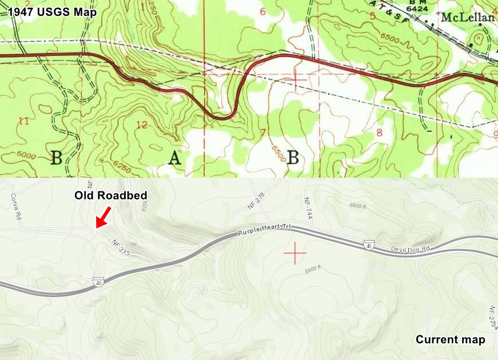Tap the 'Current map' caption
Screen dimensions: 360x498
click(451, 340)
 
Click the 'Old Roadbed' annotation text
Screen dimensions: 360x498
click(111, 195)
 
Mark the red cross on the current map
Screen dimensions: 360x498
click(295, 252)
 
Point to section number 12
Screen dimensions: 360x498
click(142, 125)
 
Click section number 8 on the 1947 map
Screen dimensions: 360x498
click(379, 133)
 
